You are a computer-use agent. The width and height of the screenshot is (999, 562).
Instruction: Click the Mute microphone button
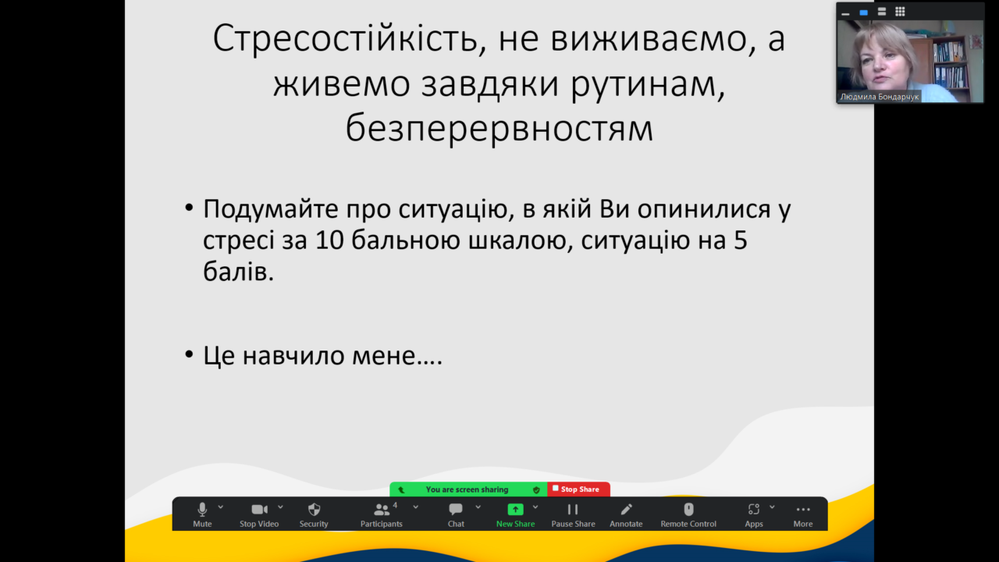click(x=202, y=514)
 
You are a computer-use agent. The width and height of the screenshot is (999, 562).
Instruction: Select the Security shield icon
click(x=314, y=510)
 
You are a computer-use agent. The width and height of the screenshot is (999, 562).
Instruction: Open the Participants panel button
click(x=382, y=514)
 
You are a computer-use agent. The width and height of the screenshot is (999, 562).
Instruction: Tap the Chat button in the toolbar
click(x=456, y=514)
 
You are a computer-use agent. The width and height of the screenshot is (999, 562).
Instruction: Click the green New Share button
click(x=515, y=514)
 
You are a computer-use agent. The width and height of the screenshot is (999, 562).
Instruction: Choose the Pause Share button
click(x=573, y=514)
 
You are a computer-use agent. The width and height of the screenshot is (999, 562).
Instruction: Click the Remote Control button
click(x=688, y=514)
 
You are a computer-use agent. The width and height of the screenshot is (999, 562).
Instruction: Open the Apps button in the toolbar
click(x=754, y=514)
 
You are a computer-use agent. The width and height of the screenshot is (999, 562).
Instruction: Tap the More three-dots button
click(x=803, y=514)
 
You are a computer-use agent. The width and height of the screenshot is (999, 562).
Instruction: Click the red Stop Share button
click(x=578, y=489)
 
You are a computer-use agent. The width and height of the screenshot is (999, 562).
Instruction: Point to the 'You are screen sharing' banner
click(x=468, y=489)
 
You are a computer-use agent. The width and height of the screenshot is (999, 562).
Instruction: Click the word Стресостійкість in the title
click(x=349, y=39)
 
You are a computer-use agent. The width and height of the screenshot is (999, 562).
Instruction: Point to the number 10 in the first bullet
click(x=329, y=240)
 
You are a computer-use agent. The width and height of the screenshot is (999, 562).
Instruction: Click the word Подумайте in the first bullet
click(x=271, y=210)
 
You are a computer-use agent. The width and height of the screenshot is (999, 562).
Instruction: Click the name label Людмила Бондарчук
click(x=880, y=97)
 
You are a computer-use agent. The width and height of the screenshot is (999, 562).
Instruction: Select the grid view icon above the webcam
click(x=900, y=12)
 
